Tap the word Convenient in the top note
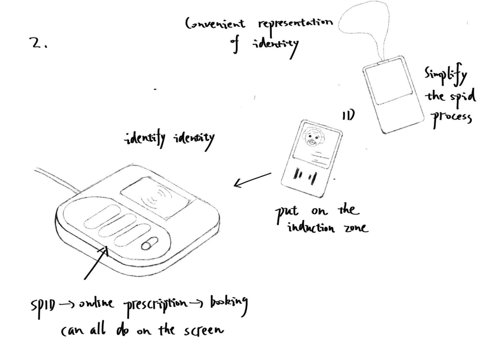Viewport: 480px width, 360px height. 215,24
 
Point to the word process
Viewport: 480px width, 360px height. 452,118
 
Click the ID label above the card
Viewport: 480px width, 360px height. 348,115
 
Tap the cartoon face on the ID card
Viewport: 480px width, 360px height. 312,137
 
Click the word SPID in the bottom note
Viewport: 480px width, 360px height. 43,306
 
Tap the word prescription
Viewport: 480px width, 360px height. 155,304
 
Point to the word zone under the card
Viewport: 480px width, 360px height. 356,228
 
